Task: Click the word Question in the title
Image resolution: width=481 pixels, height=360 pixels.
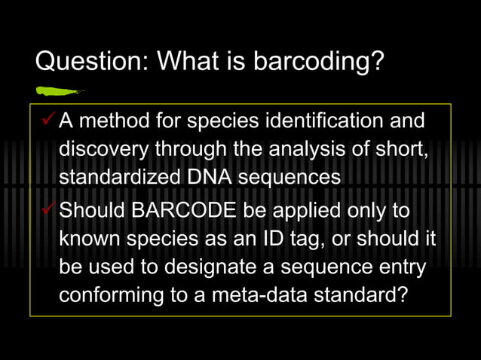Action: coord(82,61)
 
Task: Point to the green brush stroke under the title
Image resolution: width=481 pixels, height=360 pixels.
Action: coord(59,92)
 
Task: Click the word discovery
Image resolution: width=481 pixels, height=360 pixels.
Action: coord(103,149)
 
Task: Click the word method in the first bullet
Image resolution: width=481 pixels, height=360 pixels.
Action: coord(115,120)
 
